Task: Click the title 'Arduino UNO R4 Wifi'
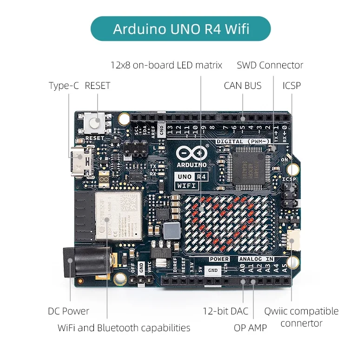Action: (x=181, y=29)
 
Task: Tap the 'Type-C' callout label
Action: (x=64, y=86)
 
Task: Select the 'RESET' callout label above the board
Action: (x=98, y=86)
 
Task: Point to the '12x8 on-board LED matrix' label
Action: (x=166, y=65)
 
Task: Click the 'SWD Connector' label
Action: (x=270, y=65)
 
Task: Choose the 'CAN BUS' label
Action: (x=242, y=86)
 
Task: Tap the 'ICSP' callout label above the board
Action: (x=291, y=86)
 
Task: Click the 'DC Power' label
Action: (x=68, y=311)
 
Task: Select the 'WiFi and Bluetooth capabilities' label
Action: (x=124, y=328)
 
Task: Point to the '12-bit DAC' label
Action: (x=225, y=311)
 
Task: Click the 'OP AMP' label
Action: (x=250, y=328)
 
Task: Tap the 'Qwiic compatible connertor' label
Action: (x=301, y=317)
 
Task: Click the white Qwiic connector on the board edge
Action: (x=293, y=239)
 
